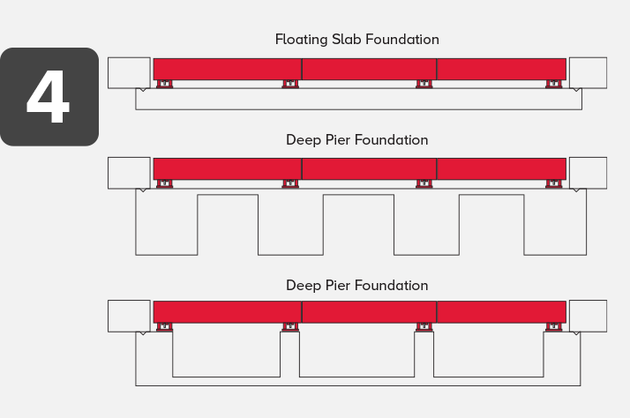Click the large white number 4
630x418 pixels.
[x=48, y=96]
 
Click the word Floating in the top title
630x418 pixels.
[x=300, y=40]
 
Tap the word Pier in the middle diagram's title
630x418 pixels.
[x=339, y=140]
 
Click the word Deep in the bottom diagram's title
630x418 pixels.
[x=303, y=286]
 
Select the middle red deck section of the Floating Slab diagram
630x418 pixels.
[x=369, y=69]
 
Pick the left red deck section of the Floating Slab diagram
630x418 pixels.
[x=227, y=69]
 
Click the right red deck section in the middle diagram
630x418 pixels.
[x=501, y=168]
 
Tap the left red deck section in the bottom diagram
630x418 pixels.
[x=227, y=311]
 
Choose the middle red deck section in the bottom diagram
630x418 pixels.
[x=369, y=311]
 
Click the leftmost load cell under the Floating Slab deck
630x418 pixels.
[x=164, y=85]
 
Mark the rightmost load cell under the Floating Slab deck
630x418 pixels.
[x=554, y=85]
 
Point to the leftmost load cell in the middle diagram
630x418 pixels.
[x=164, y=184]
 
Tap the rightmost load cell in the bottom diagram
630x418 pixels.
[x=554, y=327]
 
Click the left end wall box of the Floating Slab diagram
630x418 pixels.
[x=129, y=72]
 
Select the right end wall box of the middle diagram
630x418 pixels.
[x=588, y=173]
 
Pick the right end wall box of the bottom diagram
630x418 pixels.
[x=588, y=316]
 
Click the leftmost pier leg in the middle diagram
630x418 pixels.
[x=166, y=224]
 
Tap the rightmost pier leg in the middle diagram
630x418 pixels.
[x=554, y=224]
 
